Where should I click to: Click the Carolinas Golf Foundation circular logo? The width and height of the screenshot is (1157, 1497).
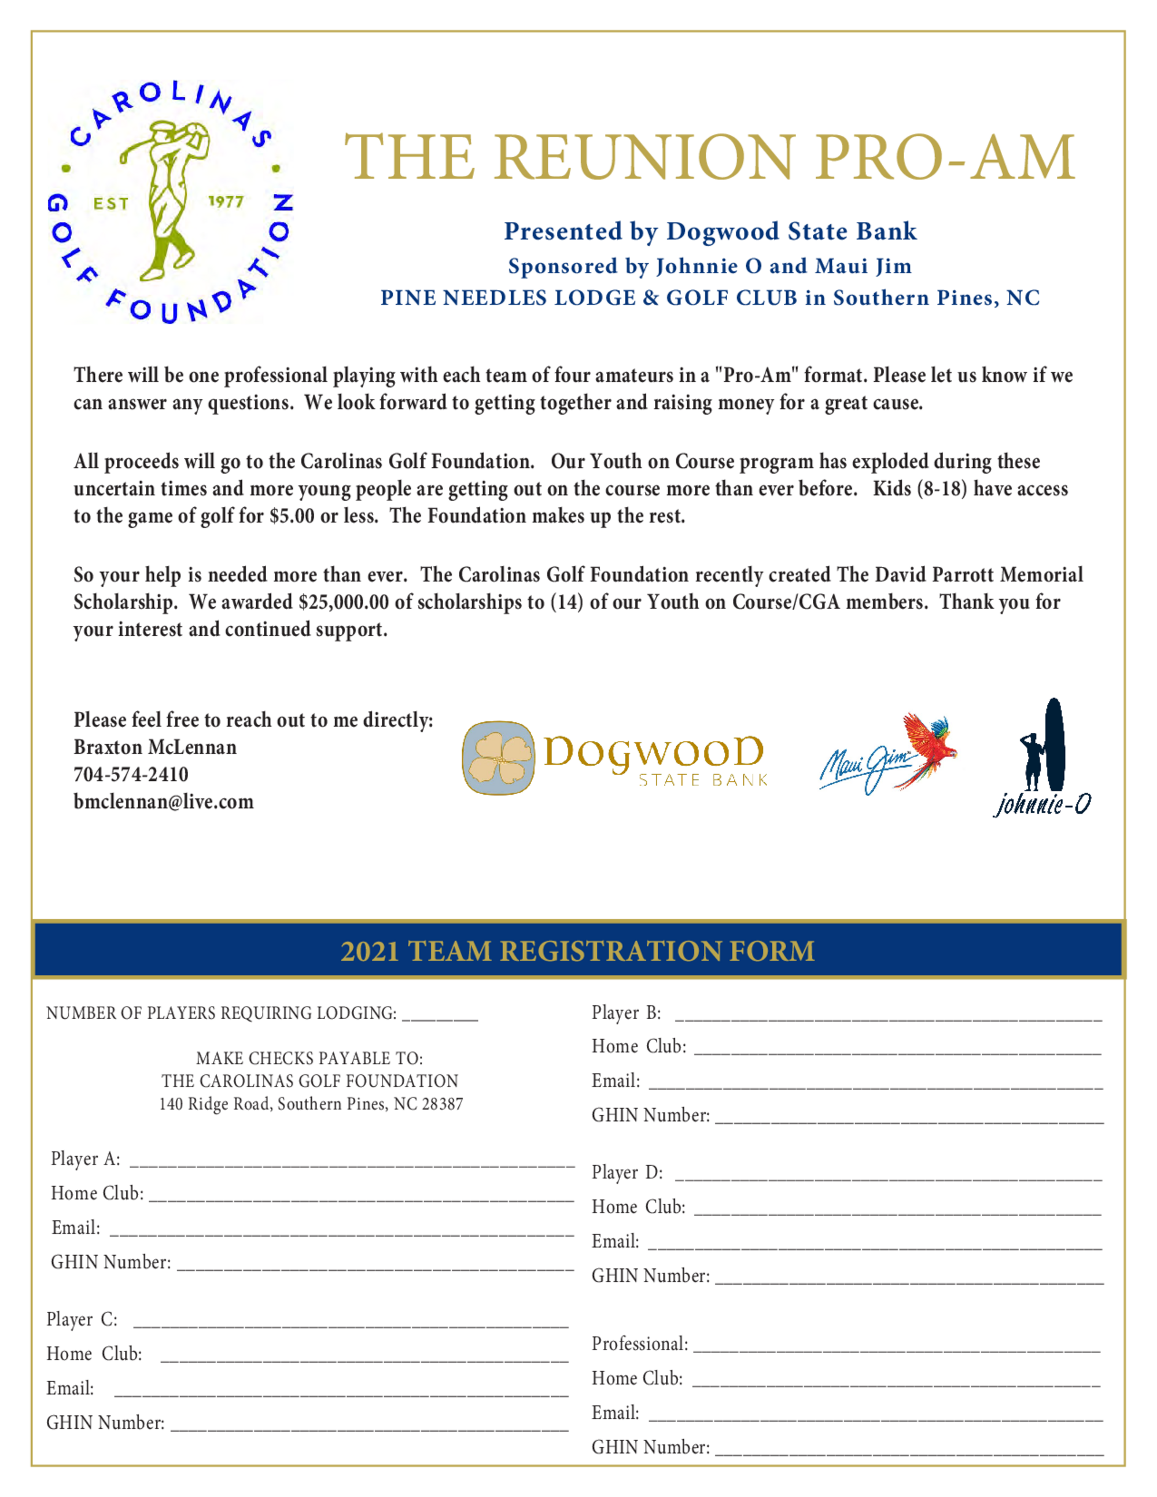point(170,202)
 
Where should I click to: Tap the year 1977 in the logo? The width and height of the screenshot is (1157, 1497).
point(226,201)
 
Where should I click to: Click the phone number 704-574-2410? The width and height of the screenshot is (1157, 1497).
point(131,775)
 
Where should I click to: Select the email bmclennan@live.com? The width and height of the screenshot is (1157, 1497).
point(163,802)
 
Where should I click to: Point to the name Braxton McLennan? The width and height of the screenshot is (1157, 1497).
point(155,747)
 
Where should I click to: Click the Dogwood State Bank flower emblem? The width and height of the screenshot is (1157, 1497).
point(498,758)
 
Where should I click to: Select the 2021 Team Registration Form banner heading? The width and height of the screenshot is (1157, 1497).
point(577,952)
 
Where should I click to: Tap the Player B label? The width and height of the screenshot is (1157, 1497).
point(626,1013)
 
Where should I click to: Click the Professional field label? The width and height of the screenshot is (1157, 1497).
point(639,1344)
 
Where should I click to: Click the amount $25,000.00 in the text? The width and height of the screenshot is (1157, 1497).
point(342,603)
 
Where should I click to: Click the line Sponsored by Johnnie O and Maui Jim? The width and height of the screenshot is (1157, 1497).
point(709,266)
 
